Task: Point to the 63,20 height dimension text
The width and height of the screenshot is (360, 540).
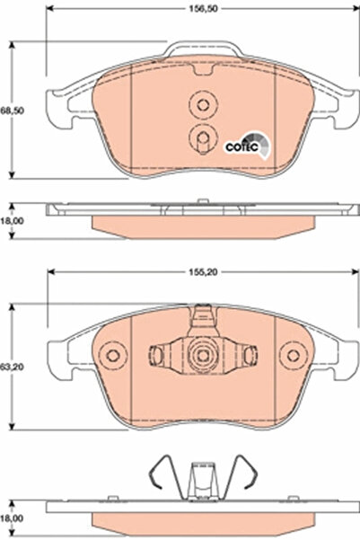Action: [x=11, y=367]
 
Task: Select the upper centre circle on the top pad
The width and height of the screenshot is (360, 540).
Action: [x=201, y=105]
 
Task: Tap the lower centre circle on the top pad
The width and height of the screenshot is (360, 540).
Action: [x=201, y=137]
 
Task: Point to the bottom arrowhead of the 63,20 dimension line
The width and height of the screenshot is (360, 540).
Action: [x=11, y=429]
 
